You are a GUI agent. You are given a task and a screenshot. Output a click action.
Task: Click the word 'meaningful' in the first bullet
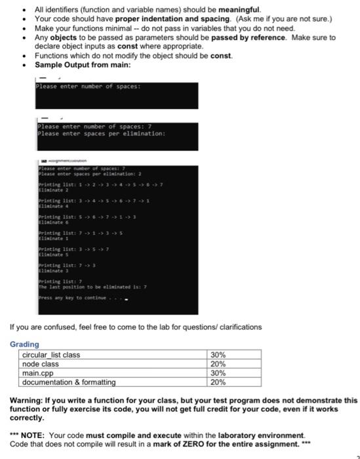[242, 10]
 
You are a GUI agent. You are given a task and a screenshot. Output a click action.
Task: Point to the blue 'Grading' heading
[24, 344]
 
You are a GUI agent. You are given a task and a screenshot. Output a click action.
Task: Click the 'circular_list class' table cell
[51, 355]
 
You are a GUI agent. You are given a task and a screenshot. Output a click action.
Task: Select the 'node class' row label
[41, 364]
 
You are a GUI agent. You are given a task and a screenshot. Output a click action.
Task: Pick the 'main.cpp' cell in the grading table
[39, 373]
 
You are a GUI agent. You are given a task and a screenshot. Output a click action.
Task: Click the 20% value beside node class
[218, 364]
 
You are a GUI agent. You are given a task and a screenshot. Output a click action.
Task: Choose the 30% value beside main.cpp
[218, 373]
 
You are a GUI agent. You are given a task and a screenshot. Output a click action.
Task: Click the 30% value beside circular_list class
[218, 355]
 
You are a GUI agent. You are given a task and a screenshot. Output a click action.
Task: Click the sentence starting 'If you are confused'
[135, 327]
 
